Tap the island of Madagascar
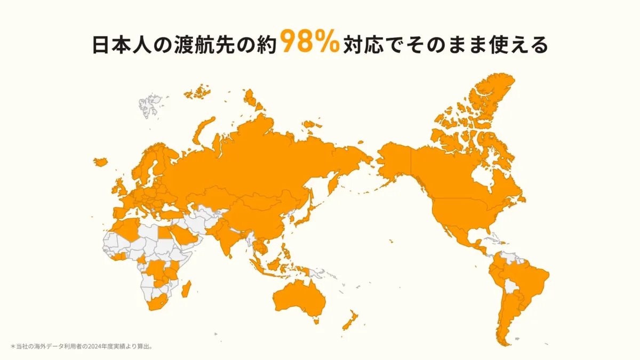pos(187,290)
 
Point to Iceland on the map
pos(100,161)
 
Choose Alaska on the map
pos(395,160)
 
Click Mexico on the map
pos(459,235)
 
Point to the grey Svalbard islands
pos(150,102)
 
